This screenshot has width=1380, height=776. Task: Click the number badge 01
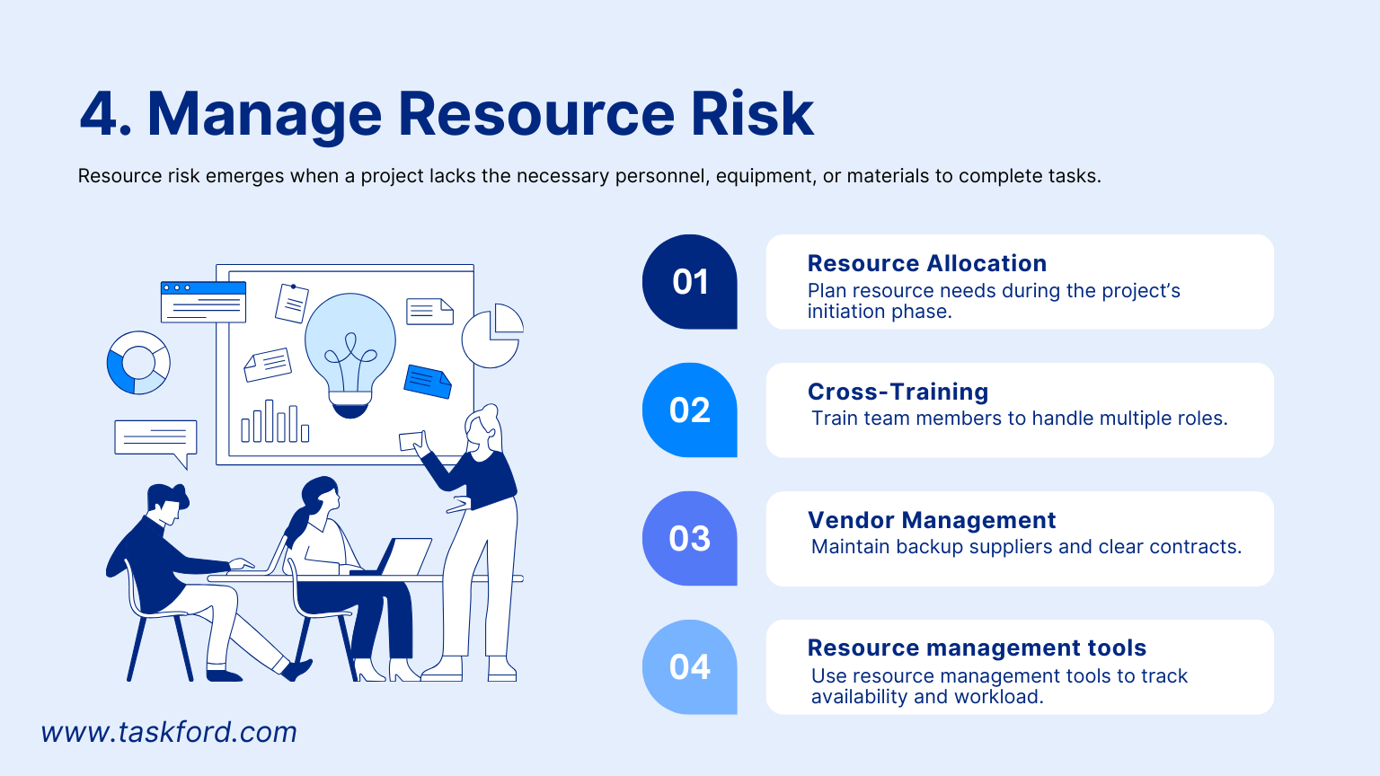(x=689, y=282)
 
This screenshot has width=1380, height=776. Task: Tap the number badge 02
(x=689, y=410)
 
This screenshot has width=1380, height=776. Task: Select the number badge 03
(x=689, y=539)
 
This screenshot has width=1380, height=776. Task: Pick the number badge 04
(x=689, y=667)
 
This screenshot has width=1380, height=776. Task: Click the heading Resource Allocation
(x=926, y=263)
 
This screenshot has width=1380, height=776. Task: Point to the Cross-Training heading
(x=898, y=392)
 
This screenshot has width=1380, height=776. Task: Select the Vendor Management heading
(x=931, y=520)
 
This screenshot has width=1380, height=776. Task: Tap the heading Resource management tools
(x=977, y=648)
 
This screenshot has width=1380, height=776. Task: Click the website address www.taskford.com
(x=169, y=732)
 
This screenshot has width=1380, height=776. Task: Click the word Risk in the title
(x=751, y=114)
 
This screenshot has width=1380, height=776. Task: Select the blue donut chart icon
(x=138, y=363)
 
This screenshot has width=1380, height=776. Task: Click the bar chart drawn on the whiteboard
(x=274, y=423)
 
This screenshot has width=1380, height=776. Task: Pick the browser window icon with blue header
(x=203, y=302)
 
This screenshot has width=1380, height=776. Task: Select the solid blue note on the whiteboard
(x=428, y=381)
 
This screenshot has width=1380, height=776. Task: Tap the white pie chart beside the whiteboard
(x=492, y=336)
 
